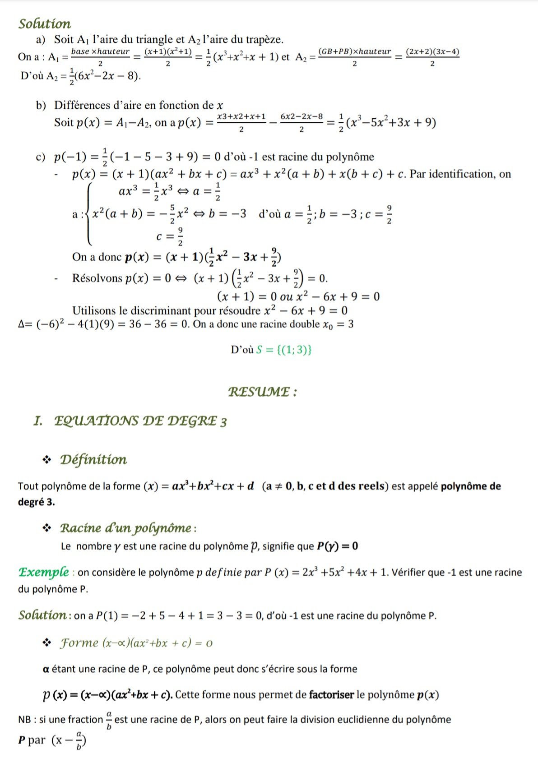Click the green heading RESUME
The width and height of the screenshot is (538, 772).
pos(262,392)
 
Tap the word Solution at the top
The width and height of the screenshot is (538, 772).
pos(44,24)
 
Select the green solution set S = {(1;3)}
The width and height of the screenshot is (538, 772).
pos(284,350)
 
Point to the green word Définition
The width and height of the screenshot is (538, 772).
pos(93,460)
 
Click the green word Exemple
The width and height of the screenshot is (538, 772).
pos(44,572)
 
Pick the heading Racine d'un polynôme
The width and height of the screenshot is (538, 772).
pos(126,528)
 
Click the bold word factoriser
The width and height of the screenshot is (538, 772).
pos(331,694)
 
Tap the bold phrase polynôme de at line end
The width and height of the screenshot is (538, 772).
pos(471,486)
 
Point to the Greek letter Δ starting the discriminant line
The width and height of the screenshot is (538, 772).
pos(21,324)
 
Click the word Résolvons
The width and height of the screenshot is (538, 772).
pos(97,278)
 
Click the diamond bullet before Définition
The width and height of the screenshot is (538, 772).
pos(46,460)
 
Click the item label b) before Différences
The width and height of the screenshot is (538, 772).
pos(42,106)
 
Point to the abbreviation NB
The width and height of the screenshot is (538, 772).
pos(25,720)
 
